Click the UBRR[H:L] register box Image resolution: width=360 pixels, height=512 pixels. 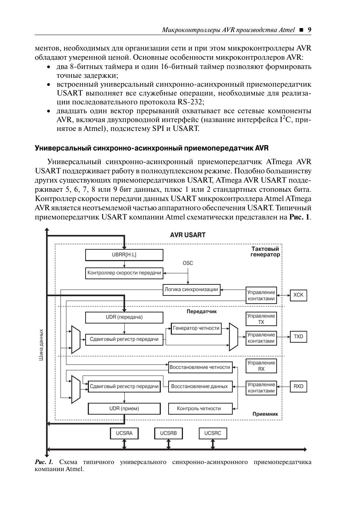[124, 255]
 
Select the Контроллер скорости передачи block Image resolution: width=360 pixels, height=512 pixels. [124, 273]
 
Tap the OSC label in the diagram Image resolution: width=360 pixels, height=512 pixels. [188, 263]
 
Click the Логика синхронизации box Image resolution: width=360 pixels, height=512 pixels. [191, 290]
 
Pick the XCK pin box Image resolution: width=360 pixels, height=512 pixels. [298, 295]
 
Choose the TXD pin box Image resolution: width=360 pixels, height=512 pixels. [298, 337]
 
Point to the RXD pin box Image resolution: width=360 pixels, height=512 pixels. [298, 387]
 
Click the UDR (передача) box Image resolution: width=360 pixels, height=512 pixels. [124, 317]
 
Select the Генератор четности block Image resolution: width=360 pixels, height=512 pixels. [196, 328]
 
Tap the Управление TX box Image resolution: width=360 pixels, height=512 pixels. [261, 319]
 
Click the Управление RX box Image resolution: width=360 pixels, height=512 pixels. [261, 366]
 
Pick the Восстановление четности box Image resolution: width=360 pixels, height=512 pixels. [200, 367]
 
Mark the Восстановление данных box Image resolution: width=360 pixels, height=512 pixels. [200, 387]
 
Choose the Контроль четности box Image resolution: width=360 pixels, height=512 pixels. [200, 409]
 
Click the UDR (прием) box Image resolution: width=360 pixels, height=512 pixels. [124, 409]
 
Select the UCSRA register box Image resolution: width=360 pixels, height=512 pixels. [124, 433]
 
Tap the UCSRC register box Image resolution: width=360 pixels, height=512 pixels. [212, 433]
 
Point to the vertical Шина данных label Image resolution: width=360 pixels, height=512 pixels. [41, 345]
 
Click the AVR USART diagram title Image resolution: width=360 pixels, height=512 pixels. [187, 235]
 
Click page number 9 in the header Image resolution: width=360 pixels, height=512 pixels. [309, 30]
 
